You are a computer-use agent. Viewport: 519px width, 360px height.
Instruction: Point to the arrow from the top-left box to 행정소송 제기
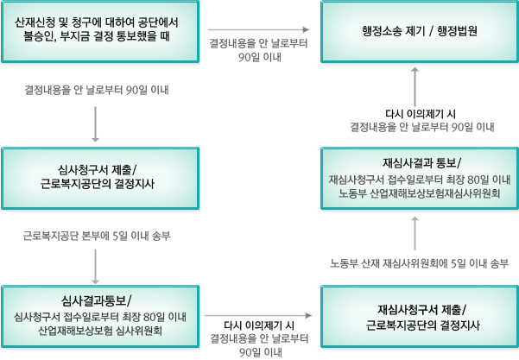tap(260, 28)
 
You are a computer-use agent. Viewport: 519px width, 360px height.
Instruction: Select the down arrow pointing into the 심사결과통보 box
tap(95, 267)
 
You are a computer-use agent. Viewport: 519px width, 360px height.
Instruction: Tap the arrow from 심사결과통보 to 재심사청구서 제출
tap(259, 316)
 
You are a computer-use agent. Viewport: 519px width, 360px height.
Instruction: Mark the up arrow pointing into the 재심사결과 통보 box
tap(415, 230)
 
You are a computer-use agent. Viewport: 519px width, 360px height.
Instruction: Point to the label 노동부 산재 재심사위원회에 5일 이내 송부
tap(419, 262)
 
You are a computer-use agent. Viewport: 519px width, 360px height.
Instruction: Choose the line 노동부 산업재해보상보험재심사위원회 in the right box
tap(421, 193)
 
